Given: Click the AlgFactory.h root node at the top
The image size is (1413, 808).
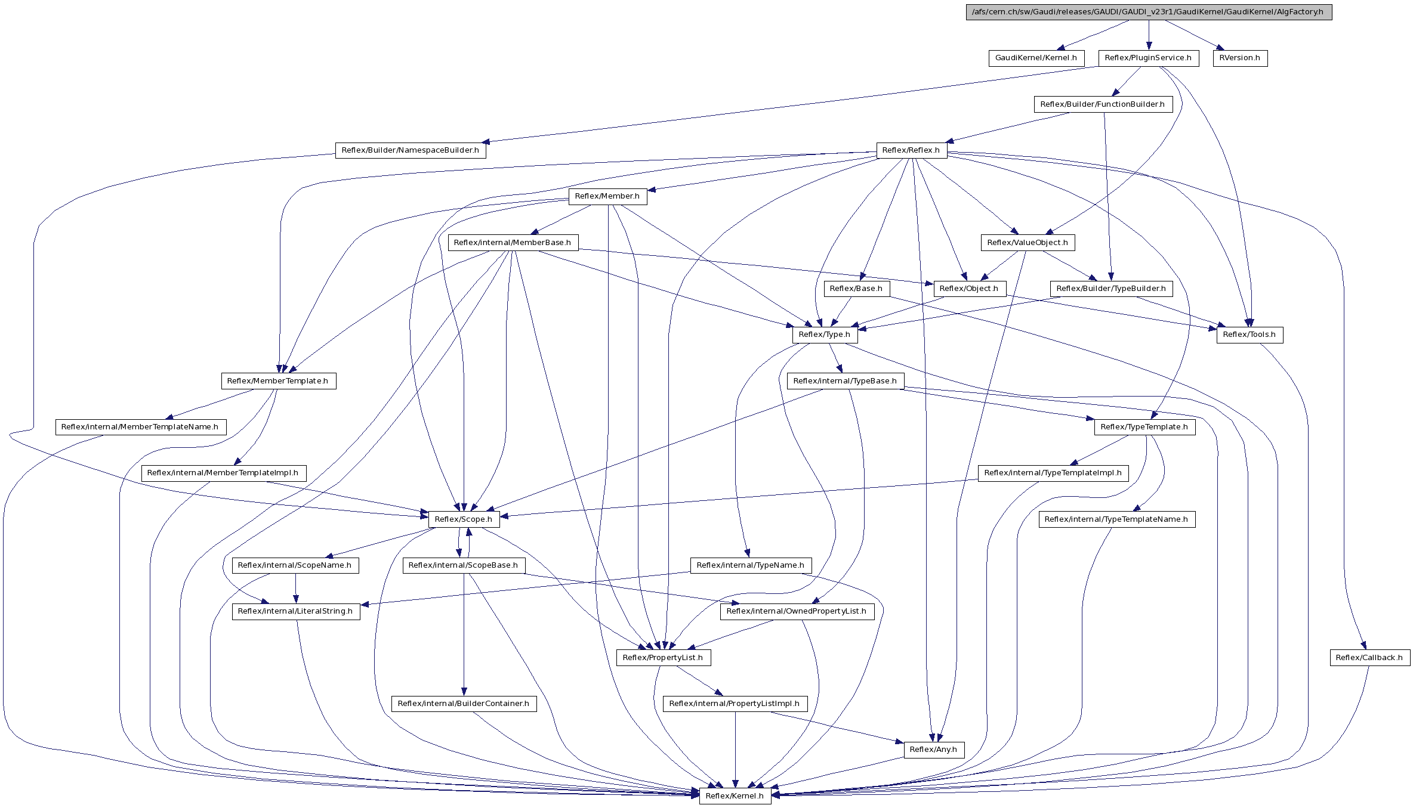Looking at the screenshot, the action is [1149, 12].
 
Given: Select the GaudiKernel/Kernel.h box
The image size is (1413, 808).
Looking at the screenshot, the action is [1036, 58].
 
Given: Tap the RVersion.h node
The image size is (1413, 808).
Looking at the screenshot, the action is [1240, 58].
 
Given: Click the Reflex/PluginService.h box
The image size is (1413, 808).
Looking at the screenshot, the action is [1149, 58].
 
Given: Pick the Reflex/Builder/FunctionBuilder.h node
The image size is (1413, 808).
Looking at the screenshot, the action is [1103, 104].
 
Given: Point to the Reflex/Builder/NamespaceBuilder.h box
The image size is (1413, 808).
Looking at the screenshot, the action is [410, 150].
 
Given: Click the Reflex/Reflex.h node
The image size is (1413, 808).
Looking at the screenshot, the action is [911, 150].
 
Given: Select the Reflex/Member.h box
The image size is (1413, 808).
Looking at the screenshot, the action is [607, 196].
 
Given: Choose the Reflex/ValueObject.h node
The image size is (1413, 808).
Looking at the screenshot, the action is [1028, 243].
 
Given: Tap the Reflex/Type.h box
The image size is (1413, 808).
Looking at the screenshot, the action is [825, 335].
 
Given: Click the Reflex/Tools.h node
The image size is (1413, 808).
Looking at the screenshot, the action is [1250, 335].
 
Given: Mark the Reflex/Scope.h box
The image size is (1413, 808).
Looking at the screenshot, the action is [464, 519].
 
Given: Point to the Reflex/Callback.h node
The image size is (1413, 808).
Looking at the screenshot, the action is [1369, 658].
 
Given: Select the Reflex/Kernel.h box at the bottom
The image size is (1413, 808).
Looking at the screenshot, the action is [735, 796].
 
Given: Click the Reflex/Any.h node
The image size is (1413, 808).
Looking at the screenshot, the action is [933, 750].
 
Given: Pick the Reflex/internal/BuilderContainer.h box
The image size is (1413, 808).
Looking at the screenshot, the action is [464, 704].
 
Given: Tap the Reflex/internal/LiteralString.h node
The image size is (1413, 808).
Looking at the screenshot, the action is [295, 611].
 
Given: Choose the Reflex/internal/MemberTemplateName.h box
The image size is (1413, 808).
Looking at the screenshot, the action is [140, 427].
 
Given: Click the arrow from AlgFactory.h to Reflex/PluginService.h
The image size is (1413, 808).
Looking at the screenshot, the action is [1149, 35].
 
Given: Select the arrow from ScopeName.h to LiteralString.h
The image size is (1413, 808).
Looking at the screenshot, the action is [295, 589].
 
